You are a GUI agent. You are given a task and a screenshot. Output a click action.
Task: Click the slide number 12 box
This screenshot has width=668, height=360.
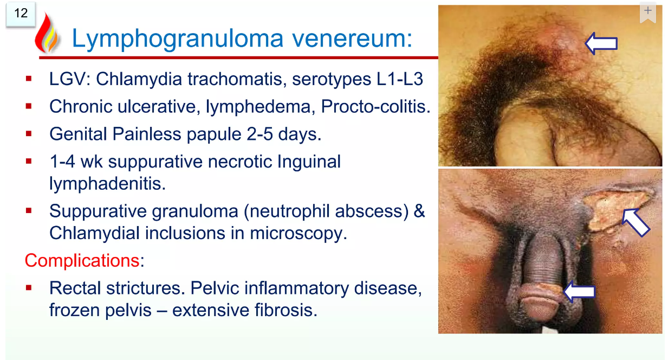click(21, 14)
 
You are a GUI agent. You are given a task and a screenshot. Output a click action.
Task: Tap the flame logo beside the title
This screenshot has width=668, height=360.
click(47, 34)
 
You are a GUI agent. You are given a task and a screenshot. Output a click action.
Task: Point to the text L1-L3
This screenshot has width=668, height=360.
click(400, 79)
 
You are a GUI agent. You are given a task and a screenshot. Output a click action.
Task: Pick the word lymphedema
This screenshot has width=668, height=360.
click(258, 107)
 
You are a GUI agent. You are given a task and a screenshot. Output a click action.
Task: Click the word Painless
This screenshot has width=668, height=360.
click(147, 134)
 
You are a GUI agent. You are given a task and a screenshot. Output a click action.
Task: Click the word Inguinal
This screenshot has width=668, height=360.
click(309, 162)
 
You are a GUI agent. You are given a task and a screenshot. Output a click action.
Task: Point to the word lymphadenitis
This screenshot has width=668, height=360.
click(107, 184)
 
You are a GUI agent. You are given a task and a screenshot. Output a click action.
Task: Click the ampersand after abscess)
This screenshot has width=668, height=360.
click(419, 211)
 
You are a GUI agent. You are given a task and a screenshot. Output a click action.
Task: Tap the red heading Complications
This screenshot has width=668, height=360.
click(82, 261)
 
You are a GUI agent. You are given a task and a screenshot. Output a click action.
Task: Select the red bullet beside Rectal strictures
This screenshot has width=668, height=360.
click(29, 288)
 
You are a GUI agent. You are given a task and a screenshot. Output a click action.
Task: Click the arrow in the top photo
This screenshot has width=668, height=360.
click(601, 43)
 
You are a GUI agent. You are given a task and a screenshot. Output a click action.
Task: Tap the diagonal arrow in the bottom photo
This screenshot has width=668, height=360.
click(636, 222)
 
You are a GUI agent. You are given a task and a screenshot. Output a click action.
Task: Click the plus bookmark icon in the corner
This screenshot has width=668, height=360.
click(648, 12)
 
